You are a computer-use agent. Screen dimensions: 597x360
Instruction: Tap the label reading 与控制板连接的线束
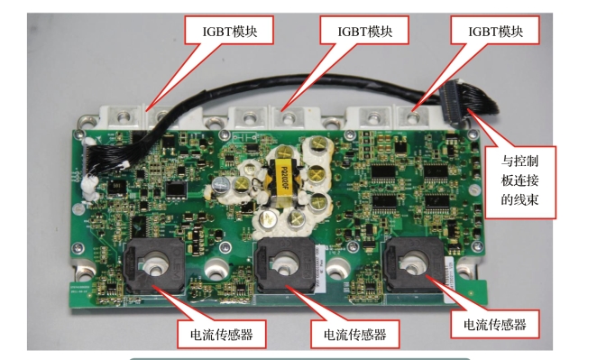point(520,182)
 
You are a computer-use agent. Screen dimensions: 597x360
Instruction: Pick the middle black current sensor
point(285,265)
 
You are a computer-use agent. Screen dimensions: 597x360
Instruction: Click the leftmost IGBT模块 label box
point(229,30)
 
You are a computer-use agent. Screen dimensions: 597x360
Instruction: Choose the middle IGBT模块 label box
point(364,30)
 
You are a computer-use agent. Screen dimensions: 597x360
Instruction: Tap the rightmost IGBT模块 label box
point(495,30)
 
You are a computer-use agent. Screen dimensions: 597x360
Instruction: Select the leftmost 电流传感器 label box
point(222,334)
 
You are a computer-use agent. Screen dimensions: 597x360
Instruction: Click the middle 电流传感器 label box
point(354,334)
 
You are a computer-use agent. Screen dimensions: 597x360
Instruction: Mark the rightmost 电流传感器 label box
point(495,324)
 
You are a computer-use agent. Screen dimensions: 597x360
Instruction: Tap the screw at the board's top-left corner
point(79,133)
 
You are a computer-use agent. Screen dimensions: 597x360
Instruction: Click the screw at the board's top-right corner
point(473,134)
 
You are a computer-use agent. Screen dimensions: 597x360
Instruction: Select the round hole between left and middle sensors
point(217,269)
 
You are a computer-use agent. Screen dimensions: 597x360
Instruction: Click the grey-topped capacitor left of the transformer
point(222,186)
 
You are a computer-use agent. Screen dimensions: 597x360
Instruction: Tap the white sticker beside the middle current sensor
point(320,269)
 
